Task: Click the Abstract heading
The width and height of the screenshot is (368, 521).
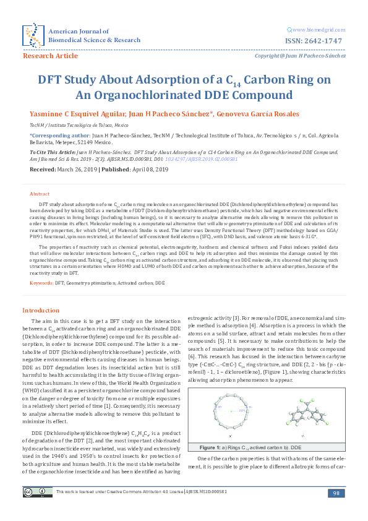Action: (40, 194)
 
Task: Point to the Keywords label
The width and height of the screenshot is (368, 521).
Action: (41, 283)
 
